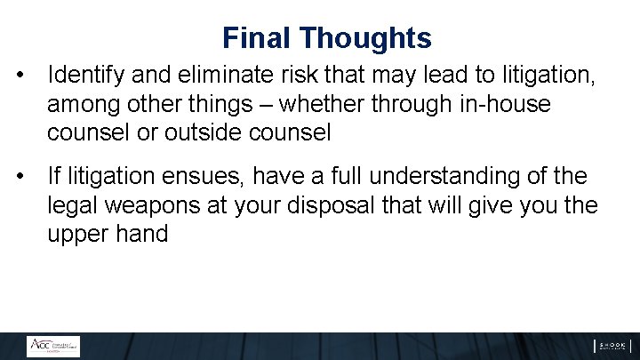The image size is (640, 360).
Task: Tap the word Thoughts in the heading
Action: (x=365, y=38)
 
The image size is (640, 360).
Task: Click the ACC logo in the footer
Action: (x=52, y=346)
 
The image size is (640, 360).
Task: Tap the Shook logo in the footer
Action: (x=612, y=346)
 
